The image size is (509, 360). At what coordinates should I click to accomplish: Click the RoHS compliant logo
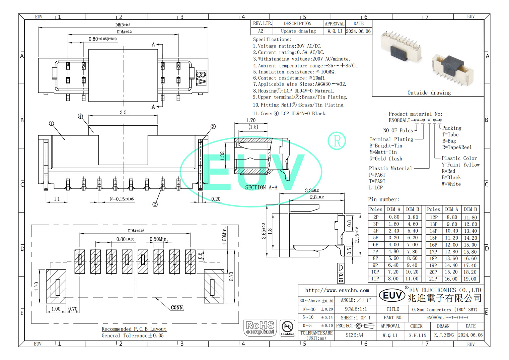(x=260, y=327)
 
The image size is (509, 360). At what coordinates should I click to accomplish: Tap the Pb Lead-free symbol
(x=287, y=328)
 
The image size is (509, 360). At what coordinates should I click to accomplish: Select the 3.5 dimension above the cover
(x=123, y=113)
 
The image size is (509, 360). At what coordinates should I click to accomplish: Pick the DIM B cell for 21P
(x=470, y=279)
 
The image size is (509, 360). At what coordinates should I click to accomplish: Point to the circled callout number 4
(x=80, y=116)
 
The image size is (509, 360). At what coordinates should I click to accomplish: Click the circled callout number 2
(x=155, y=204)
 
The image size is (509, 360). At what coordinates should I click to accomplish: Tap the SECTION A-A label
(x=261, y=188)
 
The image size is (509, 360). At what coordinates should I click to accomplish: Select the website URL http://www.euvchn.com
(x=337, y=290)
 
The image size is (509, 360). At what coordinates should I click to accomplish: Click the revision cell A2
(x=261, y=31)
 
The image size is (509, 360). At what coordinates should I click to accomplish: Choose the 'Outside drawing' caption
(x=429, y=93)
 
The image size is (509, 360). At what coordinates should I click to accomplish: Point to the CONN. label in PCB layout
(x=177, y=308)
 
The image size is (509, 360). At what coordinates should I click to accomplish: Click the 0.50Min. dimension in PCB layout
(x=158, y=239)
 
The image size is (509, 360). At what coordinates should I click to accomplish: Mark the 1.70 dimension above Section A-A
(x=251, y=120)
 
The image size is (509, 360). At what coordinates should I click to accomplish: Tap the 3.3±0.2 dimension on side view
(x=312, y=190)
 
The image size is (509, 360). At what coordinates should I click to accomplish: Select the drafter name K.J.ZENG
(x=444, y=335)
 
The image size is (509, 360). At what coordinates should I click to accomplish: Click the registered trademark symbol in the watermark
(x=337, y=141)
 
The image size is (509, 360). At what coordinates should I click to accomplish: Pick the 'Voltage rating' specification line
(x=287, y=46)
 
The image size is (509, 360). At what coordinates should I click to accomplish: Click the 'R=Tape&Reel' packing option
(x=457, y=147)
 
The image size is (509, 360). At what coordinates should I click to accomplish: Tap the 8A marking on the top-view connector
(x=201, y=78)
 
